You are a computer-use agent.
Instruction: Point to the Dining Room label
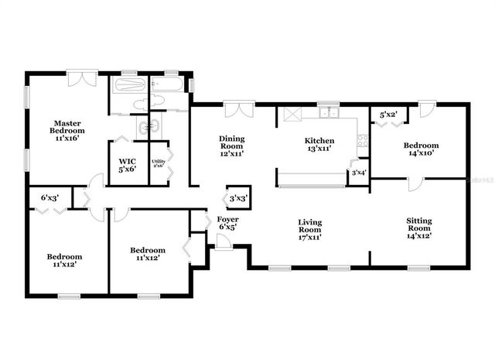point(232,146)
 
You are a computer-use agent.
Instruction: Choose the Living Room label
point(310,229)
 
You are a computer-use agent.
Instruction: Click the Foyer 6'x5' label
point(228,224)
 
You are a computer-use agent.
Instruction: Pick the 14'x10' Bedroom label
point(421,149)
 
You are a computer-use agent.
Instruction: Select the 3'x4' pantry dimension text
point(359,173)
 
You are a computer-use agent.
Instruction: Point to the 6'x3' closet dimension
point(50,198)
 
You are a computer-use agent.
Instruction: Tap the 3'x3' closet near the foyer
point(237,199)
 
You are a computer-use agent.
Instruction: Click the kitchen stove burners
point(362,140)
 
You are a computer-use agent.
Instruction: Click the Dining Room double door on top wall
point(244,109)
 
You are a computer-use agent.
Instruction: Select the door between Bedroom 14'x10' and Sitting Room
point(413,183)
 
